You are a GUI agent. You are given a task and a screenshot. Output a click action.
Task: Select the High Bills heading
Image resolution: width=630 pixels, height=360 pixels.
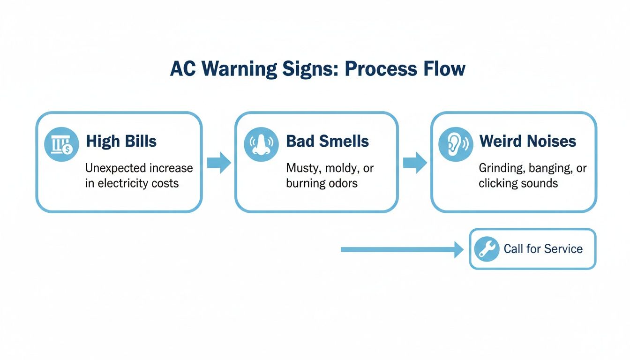[121, 141]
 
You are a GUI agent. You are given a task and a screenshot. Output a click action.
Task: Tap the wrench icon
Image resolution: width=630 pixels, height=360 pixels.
[487, 249]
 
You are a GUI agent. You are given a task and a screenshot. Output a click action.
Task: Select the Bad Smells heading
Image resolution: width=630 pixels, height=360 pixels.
[327, 141]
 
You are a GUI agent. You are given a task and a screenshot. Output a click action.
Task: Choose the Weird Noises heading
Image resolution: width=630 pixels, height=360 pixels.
[527, 141]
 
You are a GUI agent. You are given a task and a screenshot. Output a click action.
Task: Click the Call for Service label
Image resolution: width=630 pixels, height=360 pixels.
[543, 249]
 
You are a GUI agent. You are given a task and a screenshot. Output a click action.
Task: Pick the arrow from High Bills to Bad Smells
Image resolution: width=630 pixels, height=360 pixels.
[219, 163]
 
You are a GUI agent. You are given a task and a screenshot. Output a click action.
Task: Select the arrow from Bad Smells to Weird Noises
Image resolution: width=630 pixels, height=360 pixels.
[415, 163]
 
